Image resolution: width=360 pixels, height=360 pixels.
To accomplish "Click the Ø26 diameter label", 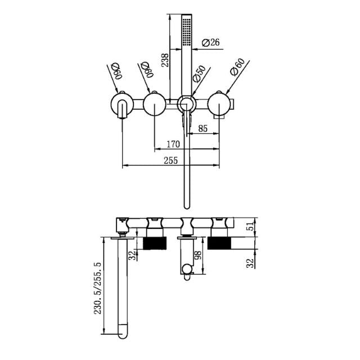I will click(x=210, y=43).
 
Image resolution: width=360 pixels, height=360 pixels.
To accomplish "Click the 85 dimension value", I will click(x=202, y=129).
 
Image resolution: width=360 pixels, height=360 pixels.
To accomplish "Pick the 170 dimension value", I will click(x=172, y=145).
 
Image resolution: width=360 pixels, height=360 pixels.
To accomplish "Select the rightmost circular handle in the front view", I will click(x=219, y=105).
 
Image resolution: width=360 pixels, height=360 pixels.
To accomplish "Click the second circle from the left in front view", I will click(x=154, y=105).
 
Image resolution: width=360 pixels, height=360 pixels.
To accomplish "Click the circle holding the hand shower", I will click(x=187, y=105).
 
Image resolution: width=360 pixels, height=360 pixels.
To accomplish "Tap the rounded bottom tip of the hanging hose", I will click(x=187, y=206).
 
